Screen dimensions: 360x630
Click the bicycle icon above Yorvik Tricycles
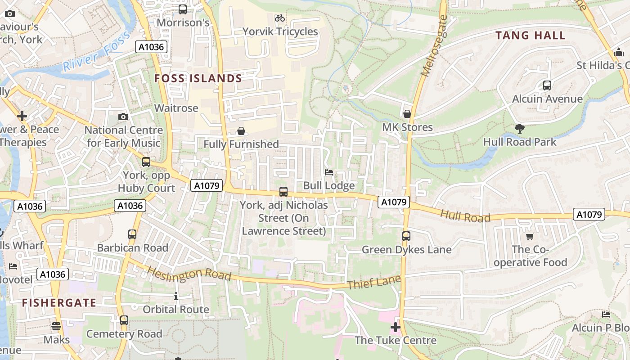click(280, 18)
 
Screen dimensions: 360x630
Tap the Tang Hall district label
click(530, 36)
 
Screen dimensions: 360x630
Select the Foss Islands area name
click(198, 79)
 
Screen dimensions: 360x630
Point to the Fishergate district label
click(59, 303)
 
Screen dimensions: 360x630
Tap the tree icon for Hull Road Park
click(520, 129)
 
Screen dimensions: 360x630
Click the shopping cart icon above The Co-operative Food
click(530, 236)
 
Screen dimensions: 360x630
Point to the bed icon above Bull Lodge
click(329, 172)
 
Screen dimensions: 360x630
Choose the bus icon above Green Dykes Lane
click(406, 236)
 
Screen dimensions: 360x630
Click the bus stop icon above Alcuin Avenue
click(547, 85)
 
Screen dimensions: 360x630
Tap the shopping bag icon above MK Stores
click(407, 114)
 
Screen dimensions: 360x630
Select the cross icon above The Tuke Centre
click(396, 327)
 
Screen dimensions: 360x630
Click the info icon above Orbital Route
click(176, 296)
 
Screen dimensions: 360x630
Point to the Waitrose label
click(176, 108)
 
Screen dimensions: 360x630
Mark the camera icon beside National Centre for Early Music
click(123, 117)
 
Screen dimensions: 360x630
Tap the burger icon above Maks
click(56, 326)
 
